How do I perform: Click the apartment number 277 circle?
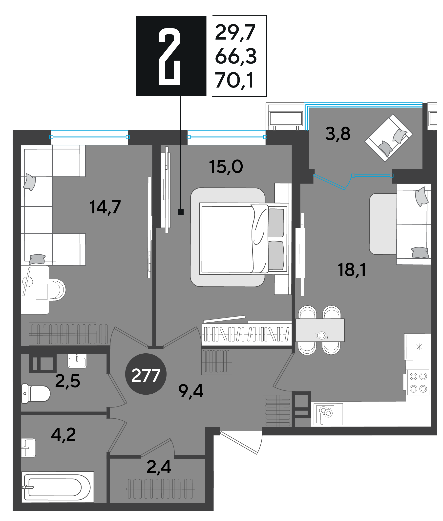(146, 374)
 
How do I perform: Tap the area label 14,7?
(105, 207)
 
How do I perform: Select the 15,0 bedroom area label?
(226, 167)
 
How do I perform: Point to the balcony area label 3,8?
(338, 134)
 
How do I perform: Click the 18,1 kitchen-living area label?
(352, 270)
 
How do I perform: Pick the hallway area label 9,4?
(190, 391)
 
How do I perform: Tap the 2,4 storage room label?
(159, 467)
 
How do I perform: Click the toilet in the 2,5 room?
(36, 393)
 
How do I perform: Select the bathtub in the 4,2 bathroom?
(58, 487)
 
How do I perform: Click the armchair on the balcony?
(388, 138)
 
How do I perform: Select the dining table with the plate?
(320, 330)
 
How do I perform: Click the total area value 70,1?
(234, 80)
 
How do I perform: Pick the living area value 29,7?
(235, 32)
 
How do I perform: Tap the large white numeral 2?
(169, 56)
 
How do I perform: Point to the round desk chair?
(57, 290)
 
